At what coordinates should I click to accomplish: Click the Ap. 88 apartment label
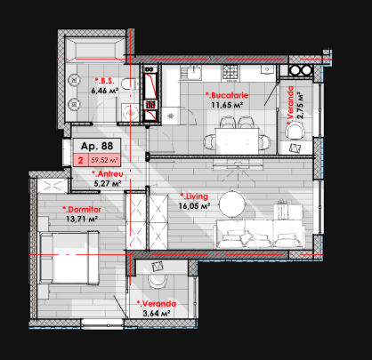[x=97, y=146]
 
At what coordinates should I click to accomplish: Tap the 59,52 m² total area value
[x=104, y=161]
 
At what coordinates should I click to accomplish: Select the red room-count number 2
[x=80, y=161]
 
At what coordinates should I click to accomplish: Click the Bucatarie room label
[x=227, y=95]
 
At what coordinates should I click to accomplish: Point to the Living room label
[x=194, y=196]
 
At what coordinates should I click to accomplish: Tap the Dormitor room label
[x=82, y=210]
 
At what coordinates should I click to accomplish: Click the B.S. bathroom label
[x=104, y=81]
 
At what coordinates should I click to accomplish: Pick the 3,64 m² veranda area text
[x=157, y=313]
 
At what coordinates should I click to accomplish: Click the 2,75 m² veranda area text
[x=301, y=106]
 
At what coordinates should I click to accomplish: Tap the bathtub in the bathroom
[x=95, y=49]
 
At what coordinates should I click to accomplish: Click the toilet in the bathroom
[x=130, y=84]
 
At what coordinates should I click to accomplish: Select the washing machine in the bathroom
[x=130, y=112]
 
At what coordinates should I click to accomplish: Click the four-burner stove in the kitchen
[x=230, y=72]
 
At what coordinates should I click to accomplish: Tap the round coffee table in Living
[x=232, y=204]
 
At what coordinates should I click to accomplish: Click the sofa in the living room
[x=259, y=234]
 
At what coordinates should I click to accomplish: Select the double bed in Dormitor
[x=69, y=258]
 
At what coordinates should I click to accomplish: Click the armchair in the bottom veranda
[x=158, y=281]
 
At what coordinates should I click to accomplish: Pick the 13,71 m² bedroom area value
[x=83, y=220]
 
